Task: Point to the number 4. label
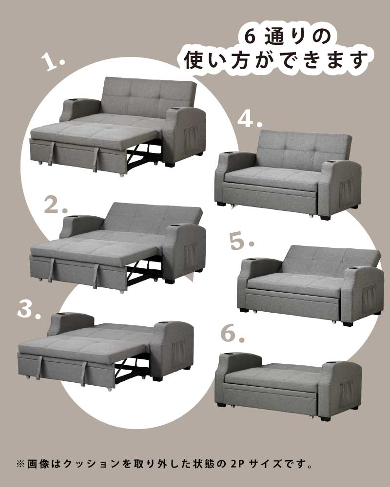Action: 250,119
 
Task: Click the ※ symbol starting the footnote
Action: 20,462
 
